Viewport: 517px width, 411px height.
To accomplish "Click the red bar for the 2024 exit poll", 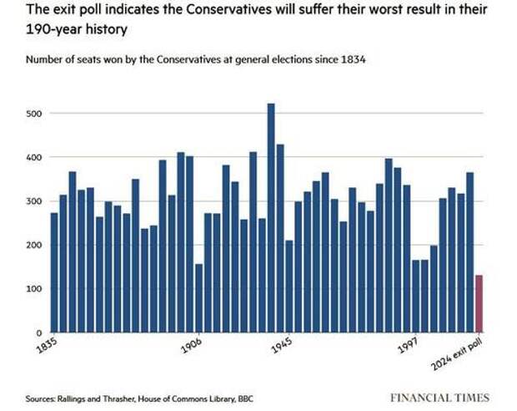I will point(479,303).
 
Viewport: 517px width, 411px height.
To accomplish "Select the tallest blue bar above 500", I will point(271,217).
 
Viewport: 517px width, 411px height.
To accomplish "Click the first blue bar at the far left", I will point(55,272).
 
